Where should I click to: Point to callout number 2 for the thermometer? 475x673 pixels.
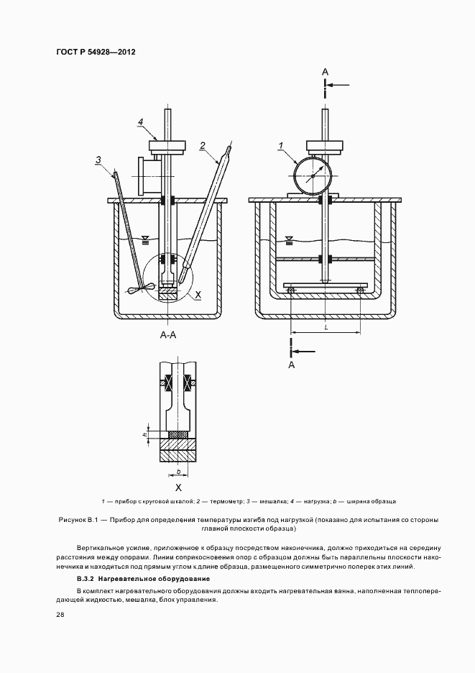pyautogui.click(x=203, y=145)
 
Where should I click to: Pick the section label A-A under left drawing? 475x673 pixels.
pyautogui.click(x=170, y=335)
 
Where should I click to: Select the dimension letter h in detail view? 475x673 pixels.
pyautogui.click(x=144, y=434)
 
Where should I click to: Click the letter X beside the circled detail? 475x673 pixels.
pyautogui.click(x=198, y=295)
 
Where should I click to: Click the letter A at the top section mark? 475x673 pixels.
pyautogui.click(x=326, y=71)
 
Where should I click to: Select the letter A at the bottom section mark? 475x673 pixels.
pyautogui.click(x=291, y=365)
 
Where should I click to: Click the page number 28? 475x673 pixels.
pyautogui.click(x=59, y=613)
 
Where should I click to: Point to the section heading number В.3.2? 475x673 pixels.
pyautogui.click(x=87, y=578)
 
